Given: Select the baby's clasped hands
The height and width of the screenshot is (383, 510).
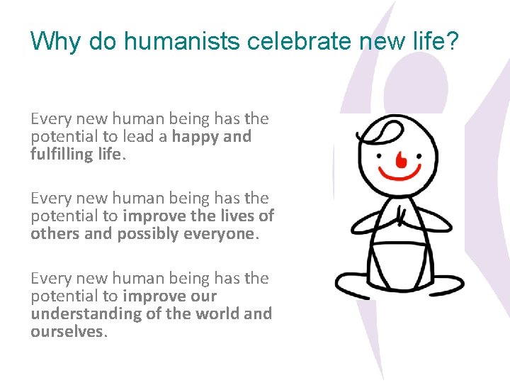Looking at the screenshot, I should click(x=401, y=216).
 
